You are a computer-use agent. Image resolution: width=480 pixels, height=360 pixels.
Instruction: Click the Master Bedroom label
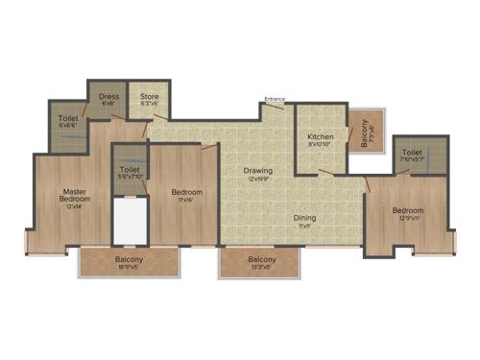pyautogui.click(x=69, y=195)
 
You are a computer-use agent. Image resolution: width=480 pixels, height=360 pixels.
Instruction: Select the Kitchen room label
pyautogui.click(x=320, y=137)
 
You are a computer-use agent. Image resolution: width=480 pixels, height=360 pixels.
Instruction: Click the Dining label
pyautogui.click(x=304, y=218)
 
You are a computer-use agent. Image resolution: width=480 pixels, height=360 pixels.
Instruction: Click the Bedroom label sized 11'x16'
pyautogui.click(x=187, y=193)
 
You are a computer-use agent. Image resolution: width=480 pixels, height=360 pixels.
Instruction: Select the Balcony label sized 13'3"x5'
pyautogui.click(x=262, y=259)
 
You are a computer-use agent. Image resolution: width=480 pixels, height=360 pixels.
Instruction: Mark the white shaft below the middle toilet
pyautogui.click(x=129, y=221)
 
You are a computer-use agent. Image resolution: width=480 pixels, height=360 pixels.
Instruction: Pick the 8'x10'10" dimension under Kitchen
pyautogui.click(x=320, y=145)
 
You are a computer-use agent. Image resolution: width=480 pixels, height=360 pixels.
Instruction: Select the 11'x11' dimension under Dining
pyautogui.click(x=304, y=226)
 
